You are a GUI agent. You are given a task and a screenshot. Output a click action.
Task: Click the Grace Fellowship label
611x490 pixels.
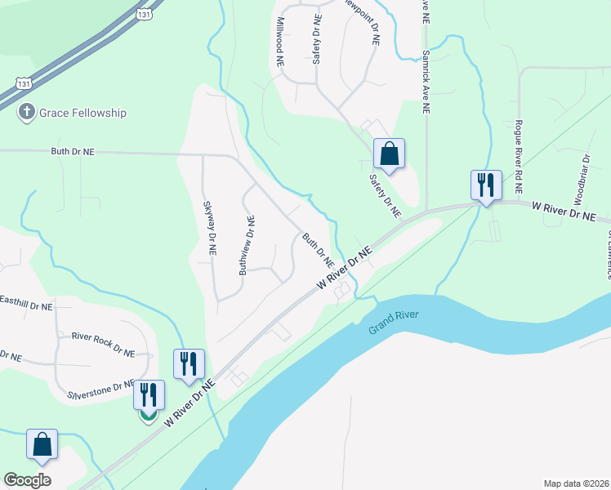coord(83,113)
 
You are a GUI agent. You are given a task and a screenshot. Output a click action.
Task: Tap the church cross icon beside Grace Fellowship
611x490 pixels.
coord(27,113)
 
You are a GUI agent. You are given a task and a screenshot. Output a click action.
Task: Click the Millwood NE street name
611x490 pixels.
coord(279,42)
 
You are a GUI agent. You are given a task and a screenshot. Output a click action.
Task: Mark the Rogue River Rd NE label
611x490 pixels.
coord(518,150)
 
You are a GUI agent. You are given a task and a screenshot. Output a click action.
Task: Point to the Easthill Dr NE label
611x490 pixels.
coord(26,306)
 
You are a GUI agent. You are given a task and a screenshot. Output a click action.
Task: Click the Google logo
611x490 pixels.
coord(27,480)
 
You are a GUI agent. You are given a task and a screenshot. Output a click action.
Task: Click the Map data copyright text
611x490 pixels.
coord(575,483)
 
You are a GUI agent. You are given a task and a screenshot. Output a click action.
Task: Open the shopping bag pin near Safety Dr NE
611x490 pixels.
coord(390,154)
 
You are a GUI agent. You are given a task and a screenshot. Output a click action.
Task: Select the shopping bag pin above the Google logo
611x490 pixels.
coord(42,444)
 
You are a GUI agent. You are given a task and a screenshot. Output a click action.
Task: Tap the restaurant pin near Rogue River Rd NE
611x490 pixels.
coord(486,185)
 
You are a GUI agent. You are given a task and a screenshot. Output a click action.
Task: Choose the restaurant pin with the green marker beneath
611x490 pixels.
coord(148,395)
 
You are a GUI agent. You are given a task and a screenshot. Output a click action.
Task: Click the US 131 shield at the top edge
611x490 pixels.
coord(144,12)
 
